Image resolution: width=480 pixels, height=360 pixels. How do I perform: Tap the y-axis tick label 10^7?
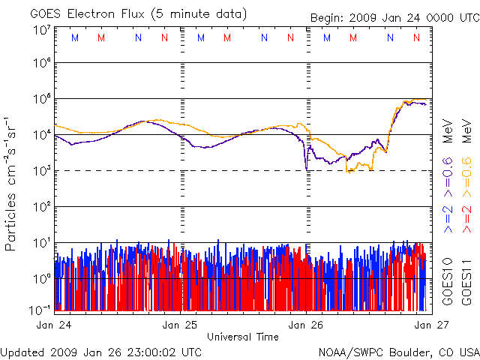42,30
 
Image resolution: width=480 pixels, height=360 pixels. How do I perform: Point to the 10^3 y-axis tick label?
42,171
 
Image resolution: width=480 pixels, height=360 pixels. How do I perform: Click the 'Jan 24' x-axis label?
55,325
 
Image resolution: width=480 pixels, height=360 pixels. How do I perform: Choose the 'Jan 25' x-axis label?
181,325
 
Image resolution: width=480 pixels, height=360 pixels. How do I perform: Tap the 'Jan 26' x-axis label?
307,325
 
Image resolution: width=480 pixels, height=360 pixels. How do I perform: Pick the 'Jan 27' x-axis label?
422,325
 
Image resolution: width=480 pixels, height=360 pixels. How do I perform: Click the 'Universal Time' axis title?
242,337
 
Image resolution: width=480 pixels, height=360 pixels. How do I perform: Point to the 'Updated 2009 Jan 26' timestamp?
101,351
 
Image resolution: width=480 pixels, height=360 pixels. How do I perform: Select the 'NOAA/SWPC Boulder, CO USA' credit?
398,351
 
